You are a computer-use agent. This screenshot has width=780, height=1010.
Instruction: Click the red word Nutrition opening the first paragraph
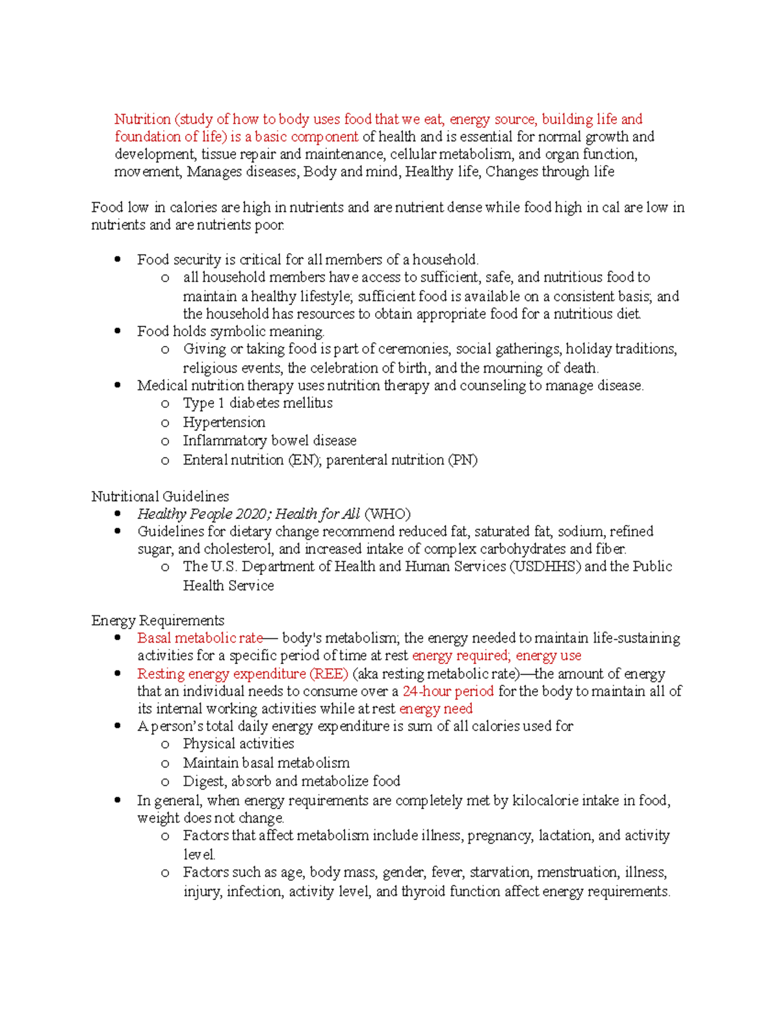pyautogui.click(x=142, y=119)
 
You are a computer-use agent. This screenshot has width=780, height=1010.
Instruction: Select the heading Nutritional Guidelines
pyautogui.click(x=160, y=496)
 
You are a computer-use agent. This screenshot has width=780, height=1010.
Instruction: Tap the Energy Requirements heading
pyautogui.click(x=157, y=620)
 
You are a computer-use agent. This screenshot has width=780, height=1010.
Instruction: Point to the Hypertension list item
pyautogui.click(x=224, y=422)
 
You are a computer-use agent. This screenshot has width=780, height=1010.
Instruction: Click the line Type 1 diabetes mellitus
pyautogui.click(x=257, y=403)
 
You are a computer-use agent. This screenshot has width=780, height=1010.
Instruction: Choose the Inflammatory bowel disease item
pyautogui.click(x=269, y=440)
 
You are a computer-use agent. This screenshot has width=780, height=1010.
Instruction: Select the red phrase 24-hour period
pyautogui.click(x=448, y=691)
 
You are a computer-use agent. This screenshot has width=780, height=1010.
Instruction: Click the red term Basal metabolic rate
pyautogui.click(x=200, y=638)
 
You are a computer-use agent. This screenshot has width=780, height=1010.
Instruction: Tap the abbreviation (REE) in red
pyautogui.click(x=329, y=674)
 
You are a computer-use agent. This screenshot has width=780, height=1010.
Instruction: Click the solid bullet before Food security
pyautogui.click(x=118, y=259)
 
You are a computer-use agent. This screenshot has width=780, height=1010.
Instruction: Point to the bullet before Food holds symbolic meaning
pyautogui.click(x=118, y=331)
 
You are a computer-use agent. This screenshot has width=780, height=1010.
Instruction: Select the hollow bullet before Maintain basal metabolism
pyautogui.click(x=165, y=764)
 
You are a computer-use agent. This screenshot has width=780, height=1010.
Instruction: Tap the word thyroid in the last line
pyautogui.click(x=423, y=891)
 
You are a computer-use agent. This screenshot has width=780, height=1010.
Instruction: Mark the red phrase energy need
pyautogui.click(x=435, y=708)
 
